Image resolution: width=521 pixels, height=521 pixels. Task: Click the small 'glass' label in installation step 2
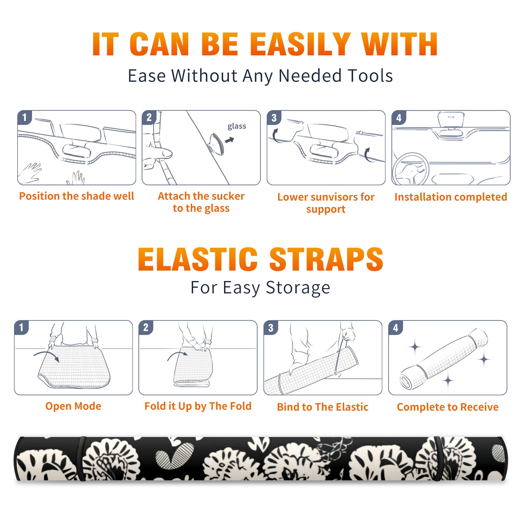tap(237, 126)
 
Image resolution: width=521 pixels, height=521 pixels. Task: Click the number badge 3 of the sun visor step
tap(274, 118)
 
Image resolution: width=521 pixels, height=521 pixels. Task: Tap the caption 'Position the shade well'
tap(77, 196)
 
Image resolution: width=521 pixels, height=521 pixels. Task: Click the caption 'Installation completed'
tap(451, 197)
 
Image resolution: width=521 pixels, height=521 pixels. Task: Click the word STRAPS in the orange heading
tap(326, 259)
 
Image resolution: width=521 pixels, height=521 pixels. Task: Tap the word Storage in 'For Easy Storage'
tap(298, 288)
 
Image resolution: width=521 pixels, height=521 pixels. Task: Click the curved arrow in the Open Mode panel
tap(47, 355)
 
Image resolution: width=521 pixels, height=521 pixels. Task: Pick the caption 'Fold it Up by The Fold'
tap(198, 406)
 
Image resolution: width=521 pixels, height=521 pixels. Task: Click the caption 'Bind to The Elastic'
tap(323, 407)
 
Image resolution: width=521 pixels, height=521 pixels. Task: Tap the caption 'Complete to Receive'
tap(448, 407)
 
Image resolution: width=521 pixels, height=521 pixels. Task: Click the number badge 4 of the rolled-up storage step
tap(396, 328)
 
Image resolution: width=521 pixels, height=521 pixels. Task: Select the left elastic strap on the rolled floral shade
tap(80, 458)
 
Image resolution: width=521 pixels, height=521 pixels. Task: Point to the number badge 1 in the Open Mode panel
tap(21, 327)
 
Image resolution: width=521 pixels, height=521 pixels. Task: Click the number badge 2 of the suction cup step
tap(149, 118)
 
